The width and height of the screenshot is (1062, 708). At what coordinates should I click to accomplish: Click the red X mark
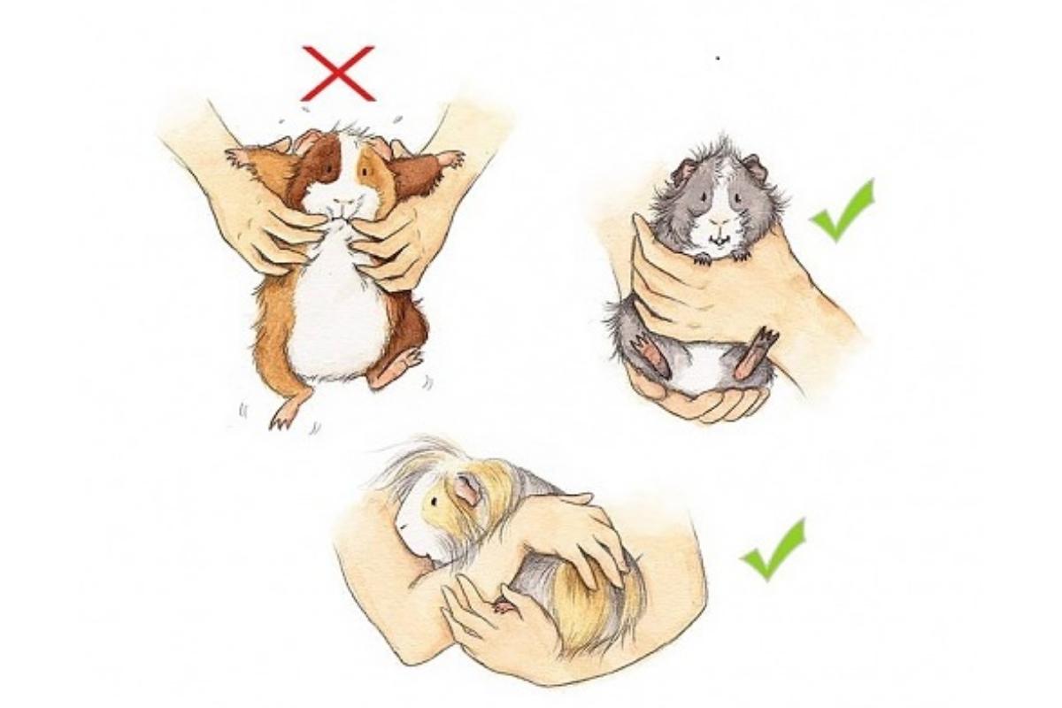click(x=337, y=73)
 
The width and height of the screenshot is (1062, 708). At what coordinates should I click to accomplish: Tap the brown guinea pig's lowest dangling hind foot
click(x=285, y=414)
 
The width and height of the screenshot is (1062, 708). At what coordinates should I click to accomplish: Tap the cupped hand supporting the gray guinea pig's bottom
click(x=699, y=403)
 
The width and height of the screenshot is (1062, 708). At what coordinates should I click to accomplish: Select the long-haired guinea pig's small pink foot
click(x=504, y=605)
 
